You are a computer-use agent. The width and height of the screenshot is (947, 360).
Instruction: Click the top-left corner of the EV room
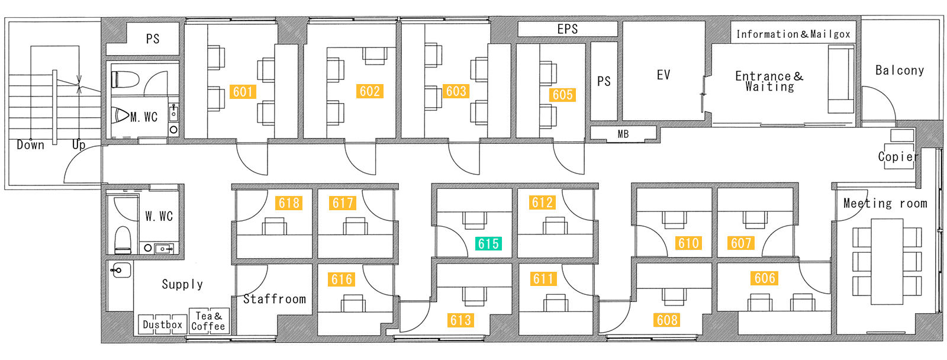point(623,22)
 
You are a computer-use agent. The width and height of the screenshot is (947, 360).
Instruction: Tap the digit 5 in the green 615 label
point(496,244)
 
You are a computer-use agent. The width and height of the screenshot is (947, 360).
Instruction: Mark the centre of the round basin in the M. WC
point(173,130)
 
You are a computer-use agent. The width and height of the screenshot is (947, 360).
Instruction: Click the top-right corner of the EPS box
point(617,22)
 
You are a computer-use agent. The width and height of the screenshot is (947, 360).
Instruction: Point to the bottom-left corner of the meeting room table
point(871,304)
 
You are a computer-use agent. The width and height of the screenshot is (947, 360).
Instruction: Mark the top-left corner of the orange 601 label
point(230,85)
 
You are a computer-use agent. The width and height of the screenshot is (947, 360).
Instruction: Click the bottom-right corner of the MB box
point(656,139)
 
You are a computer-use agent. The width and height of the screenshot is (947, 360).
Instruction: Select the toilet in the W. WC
point(123,240)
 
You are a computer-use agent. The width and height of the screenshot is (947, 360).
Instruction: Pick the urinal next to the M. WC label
point(121,115)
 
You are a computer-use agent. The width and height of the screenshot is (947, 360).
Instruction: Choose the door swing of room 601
point(252,159)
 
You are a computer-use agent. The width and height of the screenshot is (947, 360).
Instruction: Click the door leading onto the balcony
point(878,103)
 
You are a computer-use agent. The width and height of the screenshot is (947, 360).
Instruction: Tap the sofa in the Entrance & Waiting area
point(841,79)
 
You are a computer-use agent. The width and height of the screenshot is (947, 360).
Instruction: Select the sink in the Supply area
point(120,270)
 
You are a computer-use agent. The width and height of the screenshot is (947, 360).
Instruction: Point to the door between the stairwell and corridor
point(83,164)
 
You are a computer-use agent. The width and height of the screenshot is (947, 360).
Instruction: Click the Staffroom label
point(275,299)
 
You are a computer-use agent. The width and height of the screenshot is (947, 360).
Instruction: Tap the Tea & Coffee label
point(208,321)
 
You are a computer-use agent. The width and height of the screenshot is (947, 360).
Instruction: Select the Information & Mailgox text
point(793,34)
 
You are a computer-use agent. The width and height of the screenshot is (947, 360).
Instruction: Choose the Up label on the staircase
point(79,145)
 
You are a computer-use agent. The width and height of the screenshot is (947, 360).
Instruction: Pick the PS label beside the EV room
point(604,81)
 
